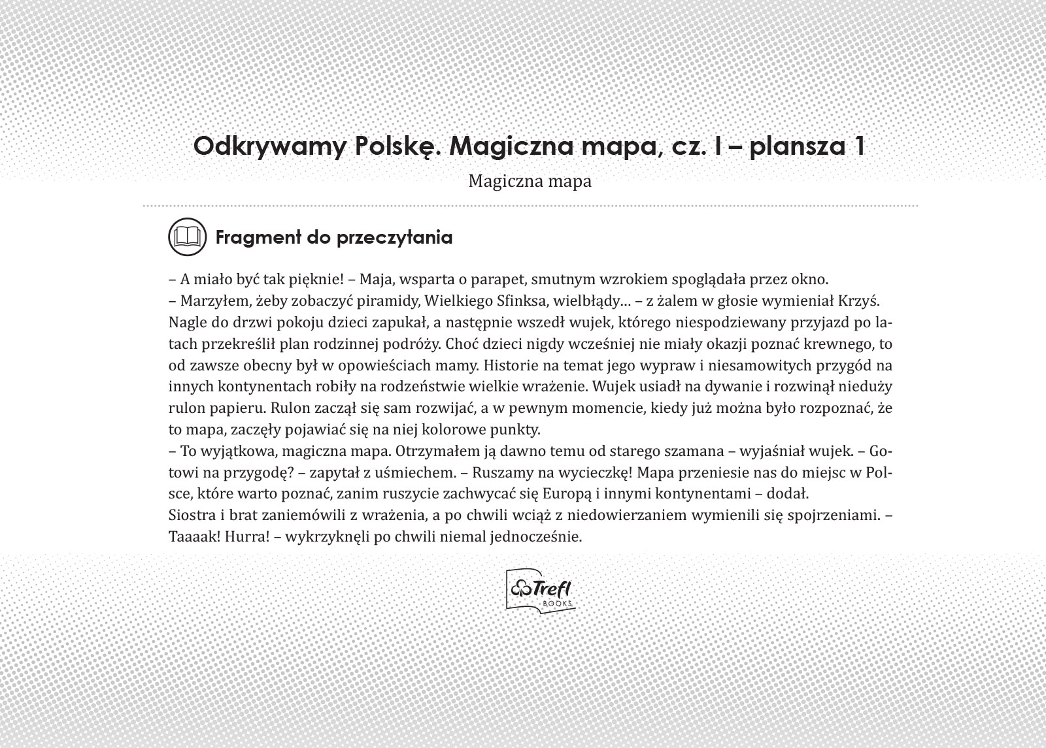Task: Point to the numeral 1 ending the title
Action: click(858, 145)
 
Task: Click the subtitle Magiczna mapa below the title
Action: click(530, 181)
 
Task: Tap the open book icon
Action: click(188, 236)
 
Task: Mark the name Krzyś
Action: click(863, 301)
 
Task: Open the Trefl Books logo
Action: click(541, 591)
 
